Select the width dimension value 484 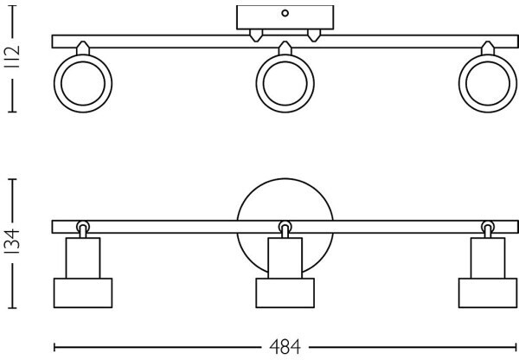284,347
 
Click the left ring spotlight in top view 82,85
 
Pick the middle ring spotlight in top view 286,85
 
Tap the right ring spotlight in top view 486,85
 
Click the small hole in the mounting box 285,13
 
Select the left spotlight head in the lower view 83,273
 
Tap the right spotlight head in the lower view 488,273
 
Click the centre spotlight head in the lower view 285,273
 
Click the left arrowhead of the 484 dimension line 56,346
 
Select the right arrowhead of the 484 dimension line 516,346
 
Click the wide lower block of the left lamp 83,292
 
